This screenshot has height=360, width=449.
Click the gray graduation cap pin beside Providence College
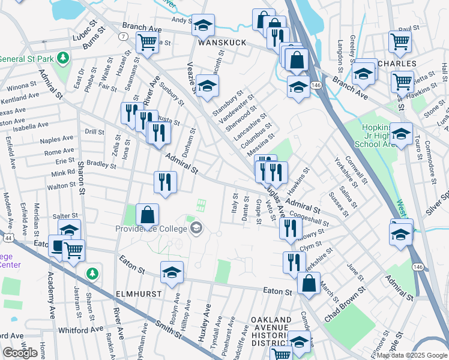(x=196, y=228)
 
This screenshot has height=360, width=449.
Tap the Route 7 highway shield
(x=123, y=37)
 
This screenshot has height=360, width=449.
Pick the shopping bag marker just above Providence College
(x=147, y=214)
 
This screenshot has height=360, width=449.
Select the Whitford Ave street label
(x=81, y=330)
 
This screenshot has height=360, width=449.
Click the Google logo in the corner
(x=20, y=353)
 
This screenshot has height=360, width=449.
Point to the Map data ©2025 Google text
(x=411, y=355)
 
